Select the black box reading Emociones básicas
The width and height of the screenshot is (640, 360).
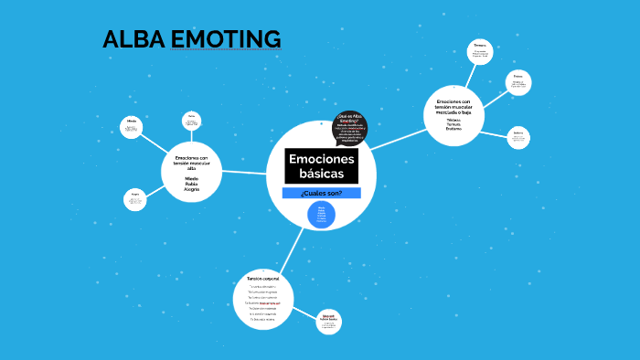321,165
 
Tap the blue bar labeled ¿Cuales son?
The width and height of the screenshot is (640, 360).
321,193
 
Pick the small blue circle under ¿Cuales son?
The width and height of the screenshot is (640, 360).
321,216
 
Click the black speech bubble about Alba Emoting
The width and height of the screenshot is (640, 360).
348,128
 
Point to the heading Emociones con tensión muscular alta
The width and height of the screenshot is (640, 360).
192,163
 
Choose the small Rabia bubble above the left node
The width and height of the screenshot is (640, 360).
191,122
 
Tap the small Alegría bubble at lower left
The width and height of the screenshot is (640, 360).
135,199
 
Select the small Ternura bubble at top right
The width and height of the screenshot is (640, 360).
480,51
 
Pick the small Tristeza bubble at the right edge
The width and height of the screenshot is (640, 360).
517,82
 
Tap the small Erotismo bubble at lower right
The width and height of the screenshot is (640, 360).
518,137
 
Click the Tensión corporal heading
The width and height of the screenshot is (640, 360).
262,278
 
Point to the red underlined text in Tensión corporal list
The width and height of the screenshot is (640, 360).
270,302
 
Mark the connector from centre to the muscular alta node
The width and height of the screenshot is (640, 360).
243,172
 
